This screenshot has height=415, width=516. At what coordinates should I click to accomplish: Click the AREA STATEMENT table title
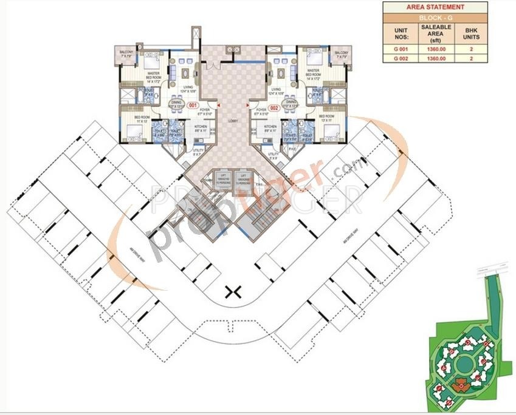435,7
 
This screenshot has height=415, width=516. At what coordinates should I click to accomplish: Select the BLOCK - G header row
435,19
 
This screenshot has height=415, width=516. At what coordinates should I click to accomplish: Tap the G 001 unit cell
399,49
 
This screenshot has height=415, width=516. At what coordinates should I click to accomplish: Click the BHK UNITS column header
471,33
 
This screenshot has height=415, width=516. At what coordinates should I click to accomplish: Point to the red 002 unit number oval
274,108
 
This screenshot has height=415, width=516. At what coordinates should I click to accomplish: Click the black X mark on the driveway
232,292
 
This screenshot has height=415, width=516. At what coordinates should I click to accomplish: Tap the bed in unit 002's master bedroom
314,60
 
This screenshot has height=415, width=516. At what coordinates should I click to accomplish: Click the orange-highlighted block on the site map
459,383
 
